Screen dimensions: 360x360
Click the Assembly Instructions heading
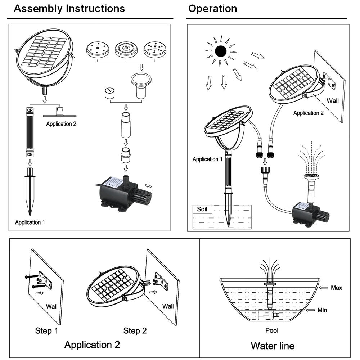pos(69,9)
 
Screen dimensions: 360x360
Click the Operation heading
pos(213,9)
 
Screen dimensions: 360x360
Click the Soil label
pos(202,209)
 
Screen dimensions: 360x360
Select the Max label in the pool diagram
pos(337,288)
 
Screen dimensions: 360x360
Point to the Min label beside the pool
pos(322,310)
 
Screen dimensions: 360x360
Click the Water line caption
pos(273,346)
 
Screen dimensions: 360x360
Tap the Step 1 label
pos(46,330)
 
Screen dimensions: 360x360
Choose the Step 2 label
pos(135,330)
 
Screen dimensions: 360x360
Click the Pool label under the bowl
pos(272,330)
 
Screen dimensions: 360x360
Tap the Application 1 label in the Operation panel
pos(208,159)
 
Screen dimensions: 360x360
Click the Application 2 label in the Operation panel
pos(309,113)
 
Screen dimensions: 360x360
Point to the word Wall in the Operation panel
pos(333,100)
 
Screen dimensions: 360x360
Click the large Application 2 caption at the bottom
pos(92,345)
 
